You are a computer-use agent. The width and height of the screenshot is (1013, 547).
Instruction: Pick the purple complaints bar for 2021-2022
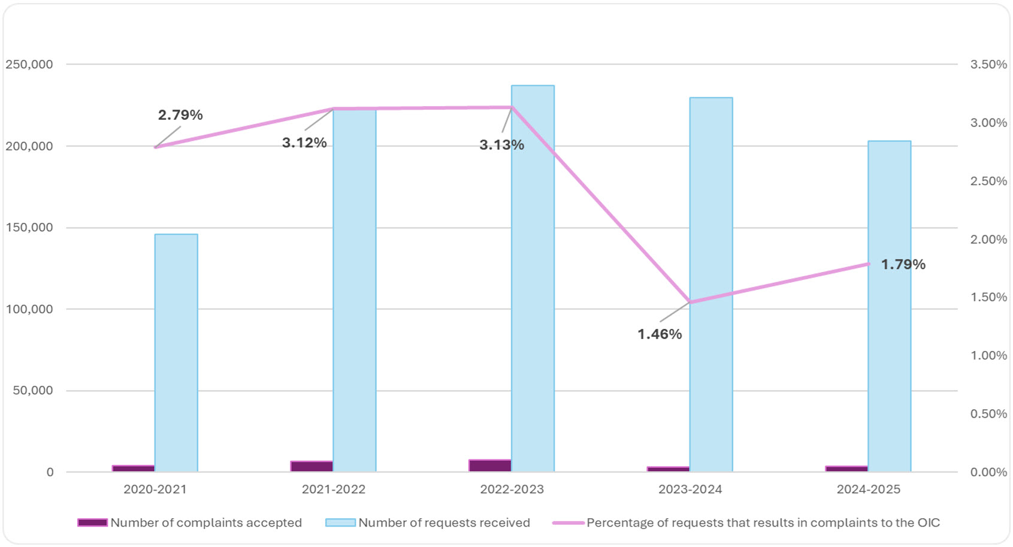coord(312,466)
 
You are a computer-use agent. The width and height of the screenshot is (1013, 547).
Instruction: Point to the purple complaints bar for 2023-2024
coord(668,469)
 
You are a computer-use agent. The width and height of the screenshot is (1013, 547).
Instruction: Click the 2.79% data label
coord(180,115)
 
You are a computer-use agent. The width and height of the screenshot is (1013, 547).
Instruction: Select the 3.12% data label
coord(304,143)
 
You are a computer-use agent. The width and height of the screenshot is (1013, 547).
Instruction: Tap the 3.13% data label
coord(501,145)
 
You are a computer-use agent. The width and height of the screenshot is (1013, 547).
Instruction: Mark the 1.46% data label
coord(659,334)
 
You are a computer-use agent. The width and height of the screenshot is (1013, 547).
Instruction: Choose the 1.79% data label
coord(903,264)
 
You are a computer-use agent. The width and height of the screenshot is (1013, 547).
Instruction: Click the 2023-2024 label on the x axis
coord(690,489)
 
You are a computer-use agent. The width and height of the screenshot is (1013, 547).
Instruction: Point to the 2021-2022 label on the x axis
coord(333,489)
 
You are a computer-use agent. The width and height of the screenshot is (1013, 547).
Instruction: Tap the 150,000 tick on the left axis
coord(29,228)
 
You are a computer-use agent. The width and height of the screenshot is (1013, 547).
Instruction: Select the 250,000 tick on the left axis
coord(29,64)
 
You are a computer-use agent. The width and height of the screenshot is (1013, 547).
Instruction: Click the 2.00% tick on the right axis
coord(988,240)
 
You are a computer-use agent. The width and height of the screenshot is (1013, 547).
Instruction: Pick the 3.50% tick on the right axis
coord(988,64)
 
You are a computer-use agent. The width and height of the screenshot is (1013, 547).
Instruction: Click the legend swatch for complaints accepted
coord(92,522)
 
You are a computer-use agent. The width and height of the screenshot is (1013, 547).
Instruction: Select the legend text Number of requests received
coord(444,522)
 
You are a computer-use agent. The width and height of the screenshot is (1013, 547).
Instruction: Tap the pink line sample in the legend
coord(567,522)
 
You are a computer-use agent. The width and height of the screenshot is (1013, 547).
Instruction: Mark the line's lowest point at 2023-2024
coord(690,302)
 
